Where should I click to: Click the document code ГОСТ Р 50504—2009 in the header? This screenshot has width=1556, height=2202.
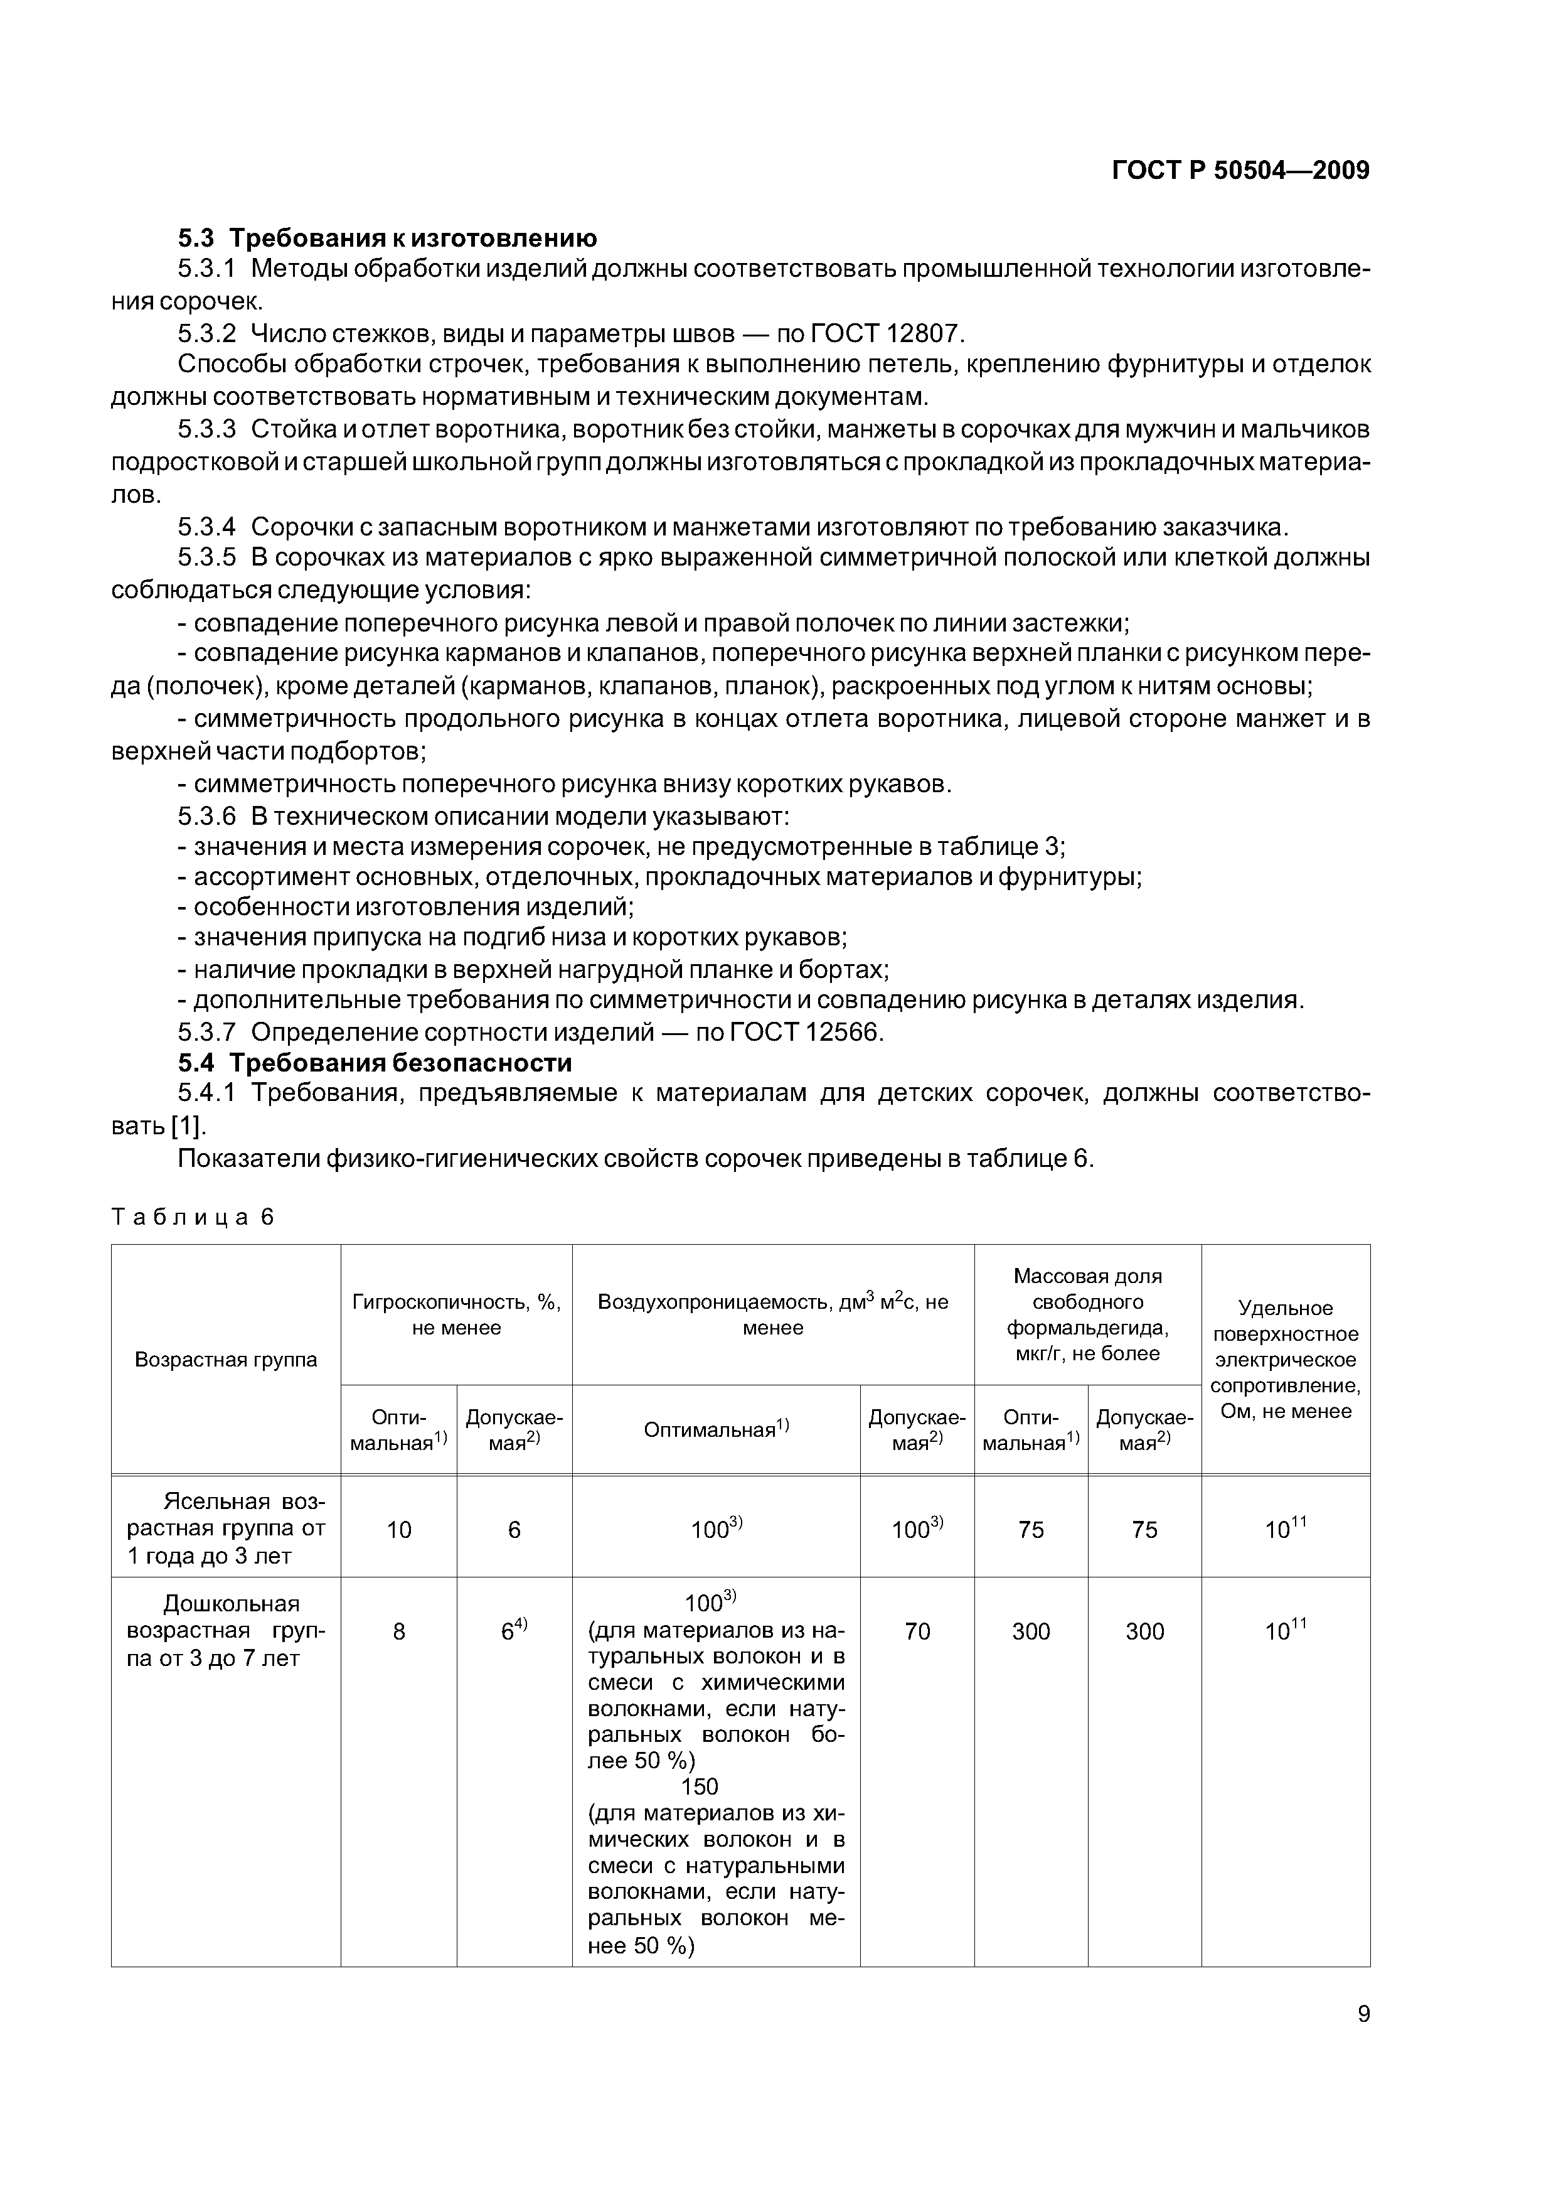pos(1240,171)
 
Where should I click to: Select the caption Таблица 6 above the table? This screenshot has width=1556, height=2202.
pos(193,1217)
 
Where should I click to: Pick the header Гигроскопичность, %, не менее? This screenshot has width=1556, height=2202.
pos(456,1315)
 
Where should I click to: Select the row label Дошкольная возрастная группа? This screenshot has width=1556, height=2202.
pos(226,1631)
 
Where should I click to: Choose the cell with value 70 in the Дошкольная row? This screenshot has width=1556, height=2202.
pos(917,1631)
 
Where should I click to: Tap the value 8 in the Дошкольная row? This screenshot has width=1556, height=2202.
pos(399,1631)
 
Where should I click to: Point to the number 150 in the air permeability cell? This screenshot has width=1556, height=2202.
pos(699,1786)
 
